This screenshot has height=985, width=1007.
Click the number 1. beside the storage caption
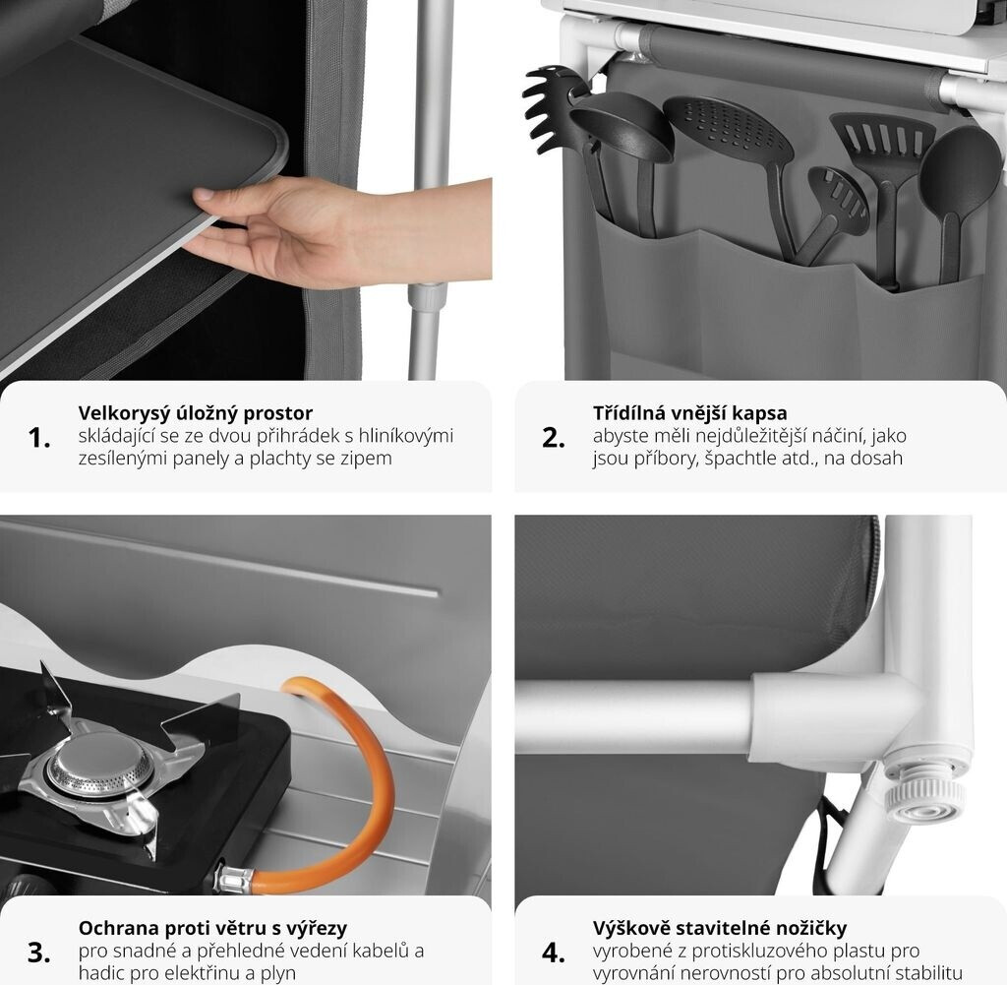pos(39,438)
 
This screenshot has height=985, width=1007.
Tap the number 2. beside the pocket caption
pos(554,438)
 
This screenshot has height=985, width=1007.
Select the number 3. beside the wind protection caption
pos(39,953)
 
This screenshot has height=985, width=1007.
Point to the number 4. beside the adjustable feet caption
pos(554,953)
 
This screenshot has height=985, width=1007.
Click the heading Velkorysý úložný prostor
pos(196,413)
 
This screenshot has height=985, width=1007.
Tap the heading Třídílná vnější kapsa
pos(689,412)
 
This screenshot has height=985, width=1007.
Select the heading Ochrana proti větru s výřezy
pos(212,928)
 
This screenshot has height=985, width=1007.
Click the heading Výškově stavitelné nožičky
pos(719,928)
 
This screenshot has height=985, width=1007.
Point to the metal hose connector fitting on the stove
pos(234,879)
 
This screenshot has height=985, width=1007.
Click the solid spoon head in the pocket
pos(951,170)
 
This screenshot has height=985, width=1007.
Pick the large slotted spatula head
pos(882,144)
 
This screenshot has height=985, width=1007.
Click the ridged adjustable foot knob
pos(924,800)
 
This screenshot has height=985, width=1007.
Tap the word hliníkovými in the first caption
pos(406,436)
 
